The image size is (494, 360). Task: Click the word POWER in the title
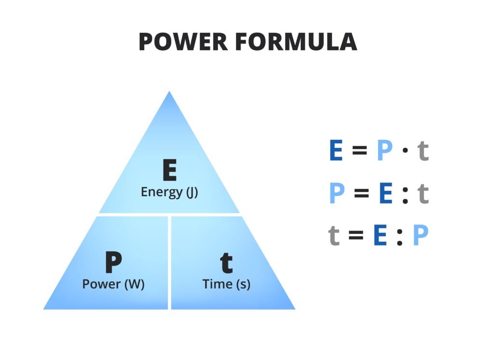pos(183,42)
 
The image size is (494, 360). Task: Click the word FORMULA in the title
pos(297,42)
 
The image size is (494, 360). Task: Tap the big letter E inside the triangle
pos(169,170)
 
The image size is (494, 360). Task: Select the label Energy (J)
pos(169,192)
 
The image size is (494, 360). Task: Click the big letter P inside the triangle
pos(113,263)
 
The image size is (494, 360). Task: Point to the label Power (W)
pos(113,284)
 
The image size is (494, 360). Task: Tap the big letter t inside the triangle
pos(226,263)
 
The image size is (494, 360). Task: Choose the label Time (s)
pos(226,284)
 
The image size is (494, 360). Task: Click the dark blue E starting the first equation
pos(336,151)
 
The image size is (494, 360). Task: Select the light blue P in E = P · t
pos(384,151)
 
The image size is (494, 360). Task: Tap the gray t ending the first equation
pos(423,151)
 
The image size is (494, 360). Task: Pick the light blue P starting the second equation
pos(337,194)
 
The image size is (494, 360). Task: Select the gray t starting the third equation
pos(334,236)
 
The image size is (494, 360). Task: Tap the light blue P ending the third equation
pos(421,236)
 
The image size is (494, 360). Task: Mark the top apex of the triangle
pos(169,92)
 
